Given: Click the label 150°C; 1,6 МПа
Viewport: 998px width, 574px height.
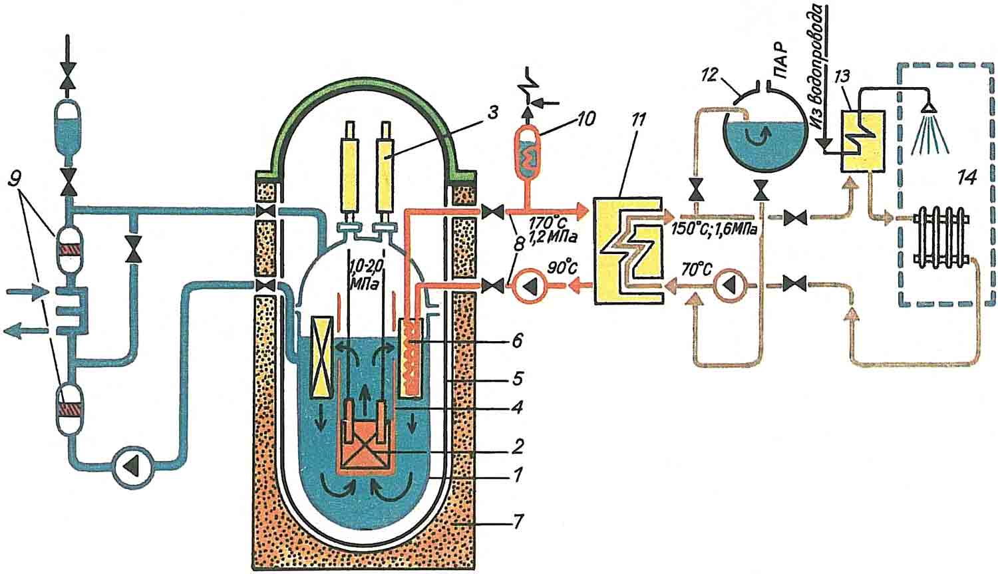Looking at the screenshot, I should click(x=720, y=226).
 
